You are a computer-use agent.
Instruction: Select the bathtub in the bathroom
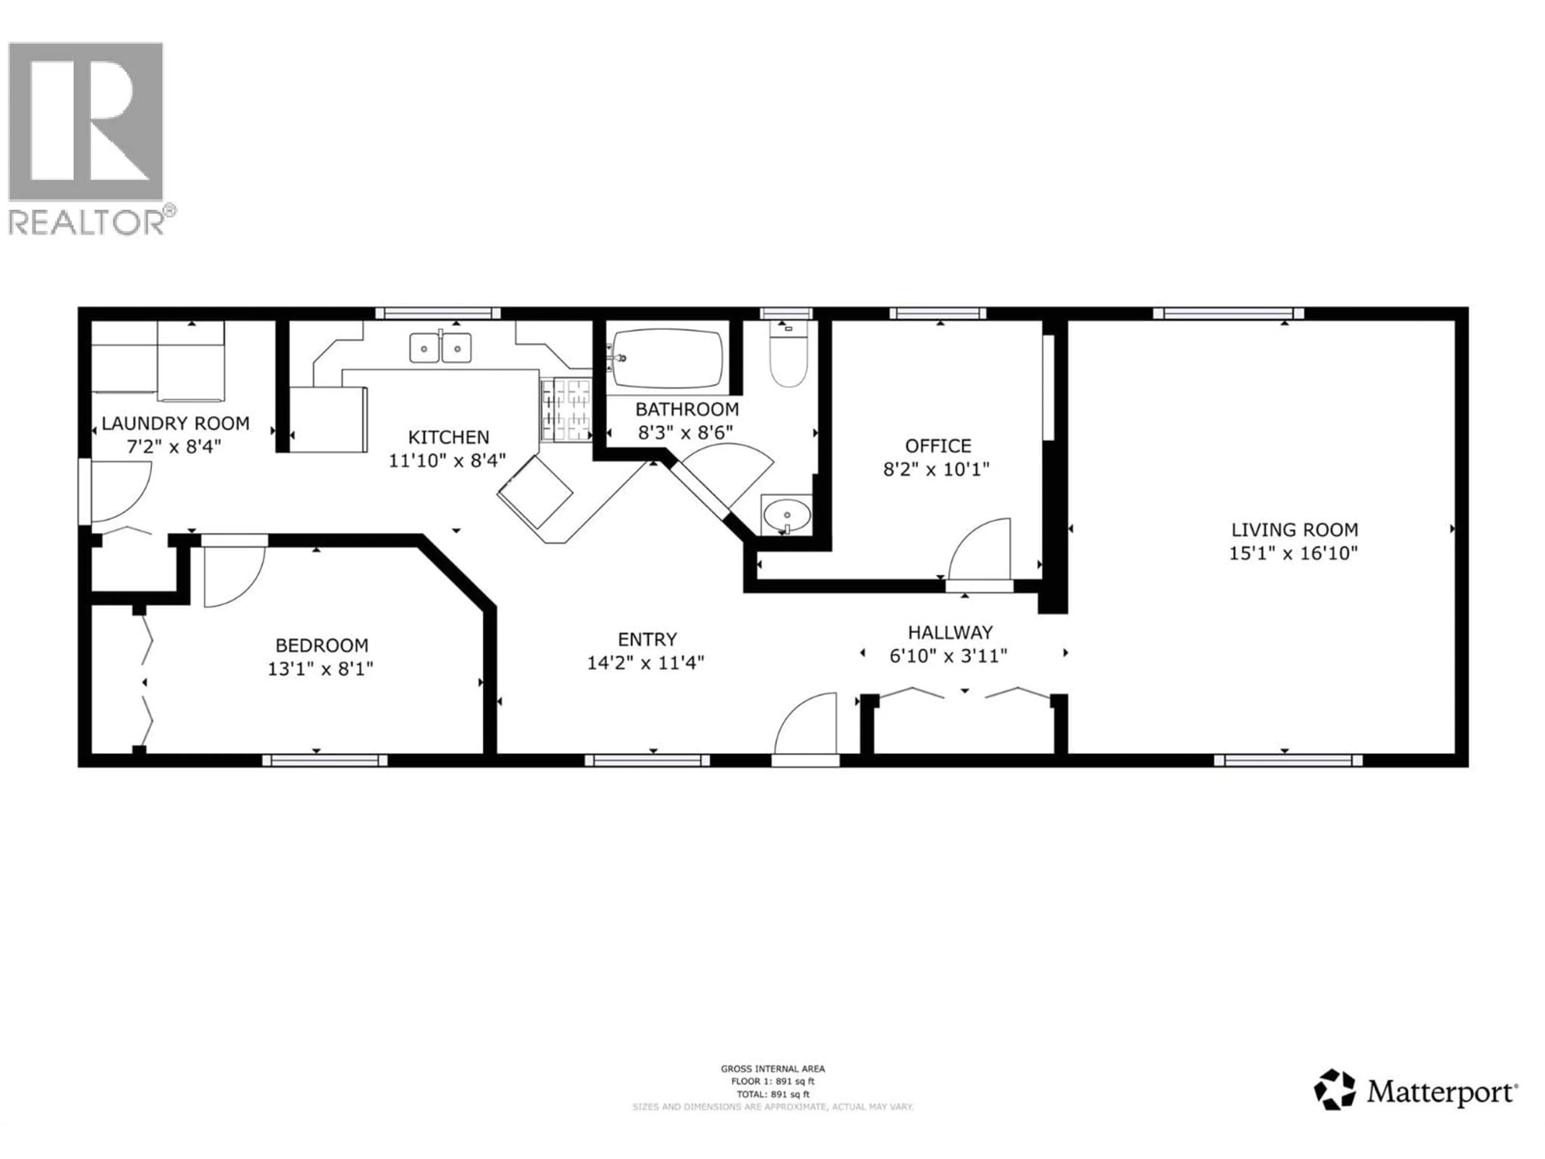click(667, 359)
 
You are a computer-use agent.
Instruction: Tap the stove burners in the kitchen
click(566, 410)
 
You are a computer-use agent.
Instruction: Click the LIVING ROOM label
click(1294, 530)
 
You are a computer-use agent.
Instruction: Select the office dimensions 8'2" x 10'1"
click(937, 469)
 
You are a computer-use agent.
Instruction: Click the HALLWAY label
click(950, 632)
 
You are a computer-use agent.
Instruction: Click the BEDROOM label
click(321, 645)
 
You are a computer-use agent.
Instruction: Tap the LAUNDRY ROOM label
click(175, 423)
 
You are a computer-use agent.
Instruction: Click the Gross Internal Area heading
click(772, 1068)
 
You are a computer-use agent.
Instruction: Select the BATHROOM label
click(686, 409)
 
